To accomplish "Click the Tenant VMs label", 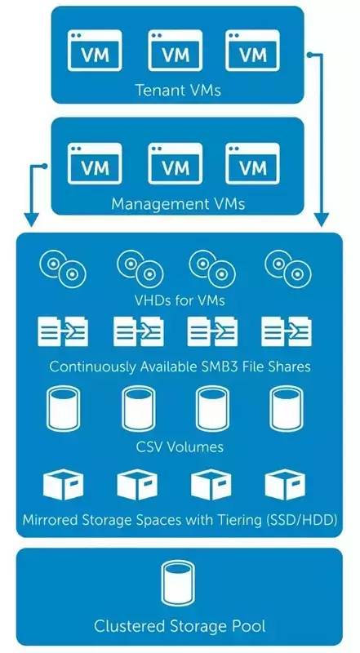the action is coord(178,90).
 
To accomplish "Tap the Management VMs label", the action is coord(178,204).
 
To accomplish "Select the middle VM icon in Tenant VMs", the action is coord(175,51).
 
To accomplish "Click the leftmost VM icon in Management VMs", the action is coord(95,164).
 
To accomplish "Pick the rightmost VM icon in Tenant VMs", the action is coord(252,51).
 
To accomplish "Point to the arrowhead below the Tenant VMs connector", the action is coord(322,220).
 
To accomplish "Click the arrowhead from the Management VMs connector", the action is coord(31,220).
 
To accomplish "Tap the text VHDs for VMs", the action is coord(179,300).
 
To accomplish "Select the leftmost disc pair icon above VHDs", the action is coord(63,269).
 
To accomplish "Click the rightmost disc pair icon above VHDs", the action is coord(289,269).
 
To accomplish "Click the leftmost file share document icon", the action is coord(63,332).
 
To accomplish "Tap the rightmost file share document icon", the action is coord(287,332).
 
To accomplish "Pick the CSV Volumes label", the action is coord(180,447).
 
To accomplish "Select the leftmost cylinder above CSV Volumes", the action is coord(64,409).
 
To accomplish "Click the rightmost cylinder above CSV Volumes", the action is coord(287,409).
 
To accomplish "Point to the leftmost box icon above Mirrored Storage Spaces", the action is coord(64,484).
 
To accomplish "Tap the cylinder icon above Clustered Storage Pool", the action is coord(178,583).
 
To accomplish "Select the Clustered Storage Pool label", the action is coord(180,625).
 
